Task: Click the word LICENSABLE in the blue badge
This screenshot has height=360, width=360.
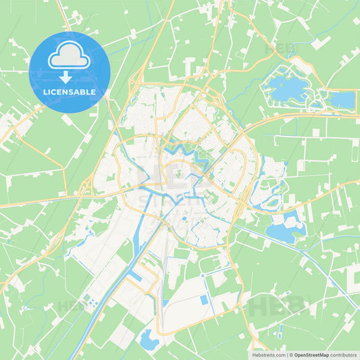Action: click(70, 92)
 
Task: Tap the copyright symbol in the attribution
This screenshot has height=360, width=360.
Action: click(291, 355)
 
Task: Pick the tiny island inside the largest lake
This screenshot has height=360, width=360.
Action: click(284, 86)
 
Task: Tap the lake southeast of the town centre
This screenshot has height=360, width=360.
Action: click(284, 230)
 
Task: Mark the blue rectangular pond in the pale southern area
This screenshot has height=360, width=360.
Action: click(203, 300)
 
